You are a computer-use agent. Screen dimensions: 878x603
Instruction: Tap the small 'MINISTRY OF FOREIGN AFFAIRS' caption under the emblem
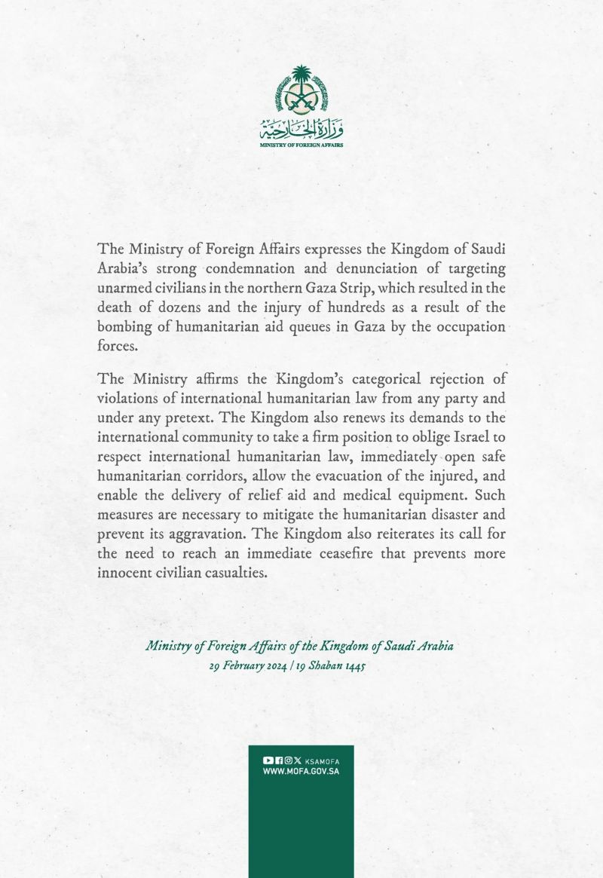[x=301, y=144]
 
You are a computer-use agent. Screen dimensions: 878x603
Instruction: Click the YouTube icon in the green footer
[x=268, y=761]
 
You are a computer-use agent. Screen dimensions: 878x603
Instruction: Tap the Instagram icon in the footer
[x=287, y=761]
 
